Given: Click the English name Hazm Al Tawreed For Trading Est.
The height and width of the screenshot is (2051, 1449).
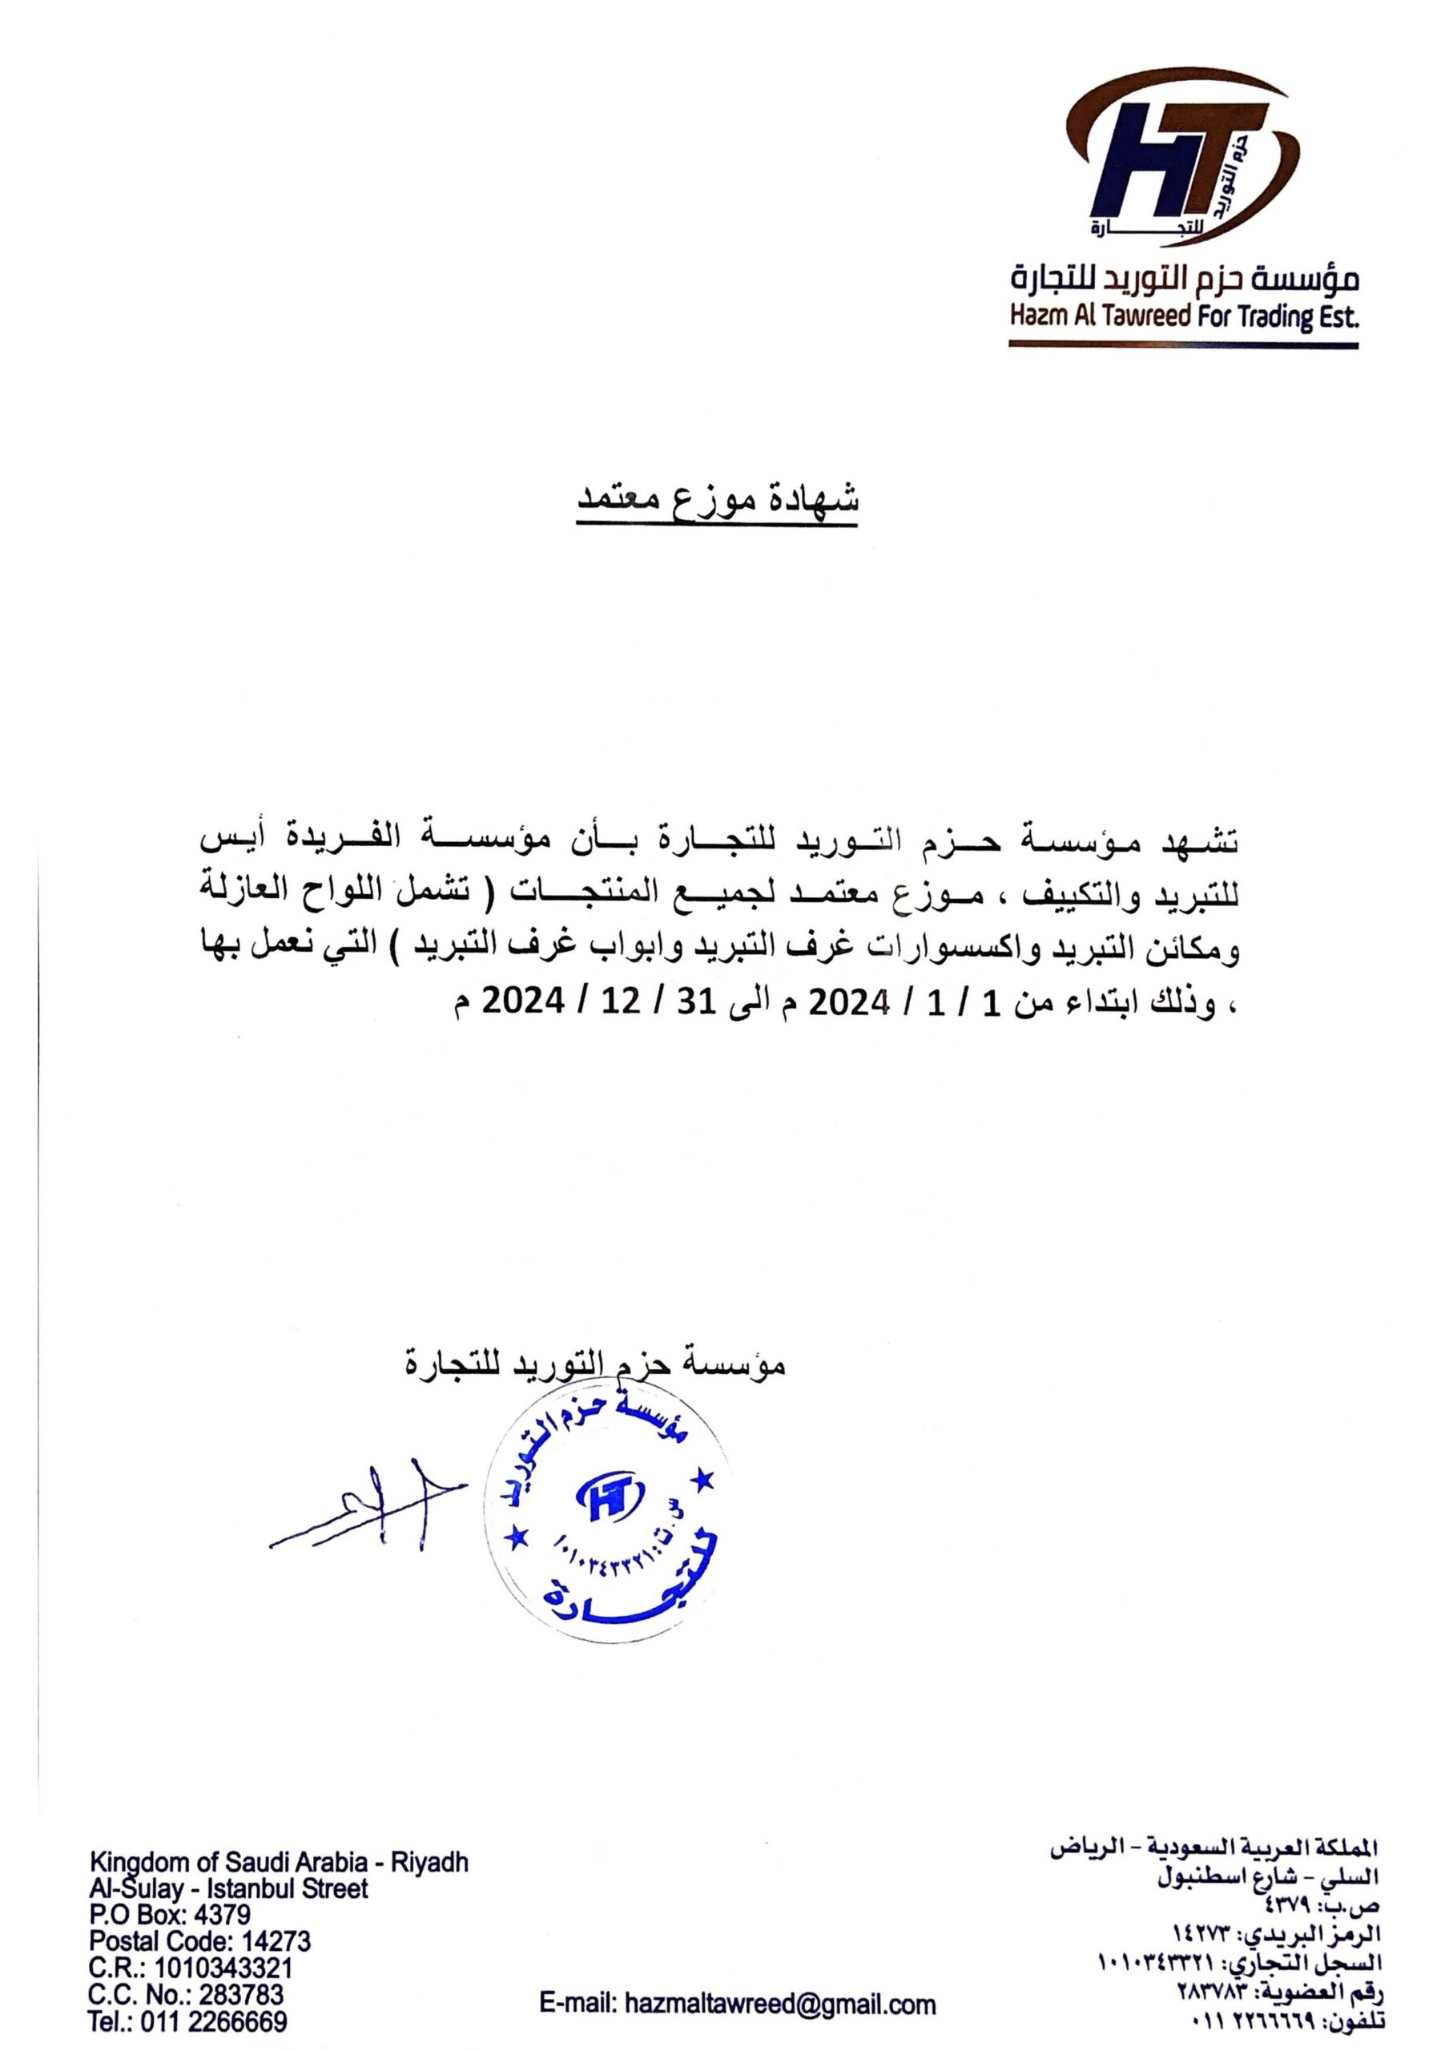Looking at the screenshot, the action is (1183, 317).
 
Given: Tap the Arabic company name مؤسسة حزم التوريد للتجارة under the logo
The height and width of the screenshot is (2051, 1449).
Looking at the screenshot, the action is (1183, 281).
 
